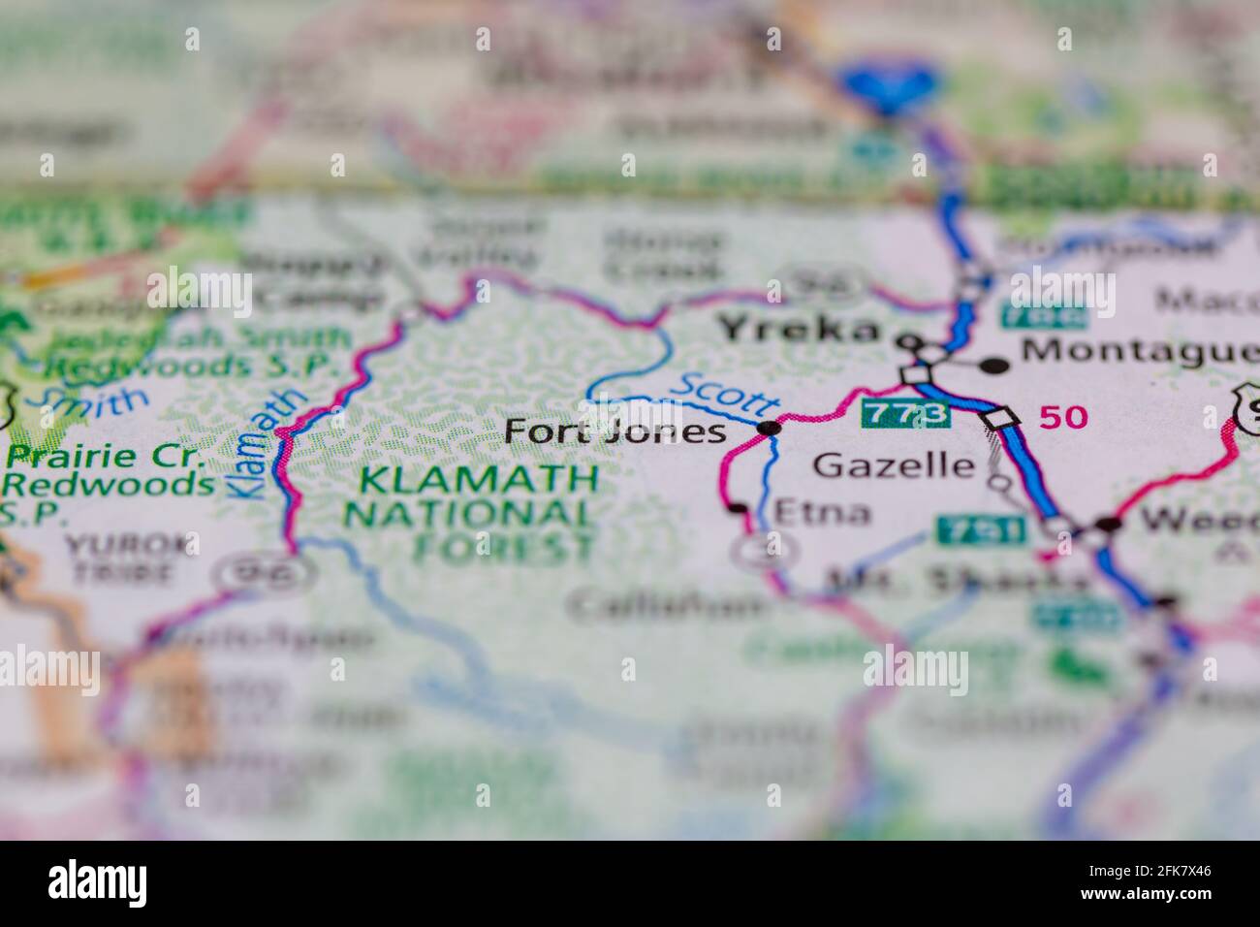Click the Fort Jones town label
point(615,432)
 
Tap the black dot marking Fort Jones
point(770,428)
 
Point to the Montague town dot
point(994,366)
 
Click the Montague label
point(1139,349)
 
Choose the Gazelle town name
point(894,465)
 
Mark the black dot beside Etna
point(738,508)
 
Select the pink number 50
point(1063,417)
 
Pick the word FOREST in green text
point(503,548)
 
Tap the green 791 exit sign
point(980,530)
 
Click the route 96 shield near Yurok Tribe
point(264,573)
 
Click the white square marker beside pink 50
point(1001,418)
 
